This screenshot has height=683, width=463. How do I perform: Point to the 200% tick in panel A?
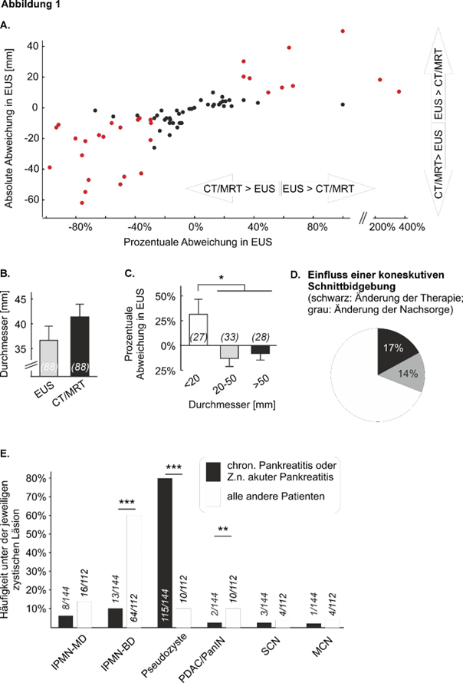[x=381, y=228]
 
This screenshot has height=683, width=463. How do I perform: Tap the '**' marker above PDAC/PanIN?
[x=223, y=530]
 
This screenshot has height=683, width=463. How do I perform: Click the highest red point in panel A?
[x=343, y=31]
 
